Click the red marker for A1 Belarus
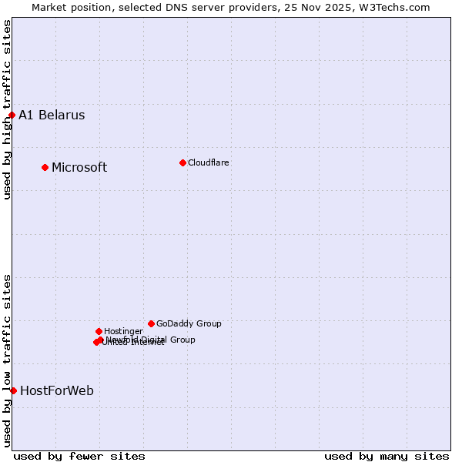pyautogui.click(x=12, y=115)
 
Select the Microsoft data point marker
pyautogui.click(x=45, y=167)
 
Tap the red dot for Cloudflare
pyautogui.click(x=182, y=162)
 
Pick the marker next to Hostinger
pyautogui.click(x=99, y=331)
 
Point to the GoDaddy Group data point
pyautogui.click(x=151, y=323)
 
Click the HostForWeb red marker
pyautogui.click(x=13, y=390)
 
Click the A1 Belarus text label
pyautogui.click(x=52, y=115)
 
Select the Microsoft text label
pyautogui.click(x=79, y=167)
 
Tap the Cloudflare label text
pyautogui.click(x=209, y=162)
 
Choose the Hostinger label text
pyautogui.click(x=123, y=331)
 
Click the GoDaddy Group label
pyautogui.click(x=189, y=323)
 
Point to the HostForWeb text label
pyautogui.click(x=57, y=390)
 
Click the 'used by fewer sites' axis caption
pyautogui.click(x=79, y=456)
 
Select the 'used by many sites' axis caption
pyautogui.click(x=387, y=456)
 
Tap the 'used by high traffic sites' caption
pyautogui.click(x=7, y=109)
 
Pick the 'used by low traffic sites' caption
pyautogui.click(x=7, y=360)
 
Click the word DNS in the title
pyautogui.click(x=172, y=7)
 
